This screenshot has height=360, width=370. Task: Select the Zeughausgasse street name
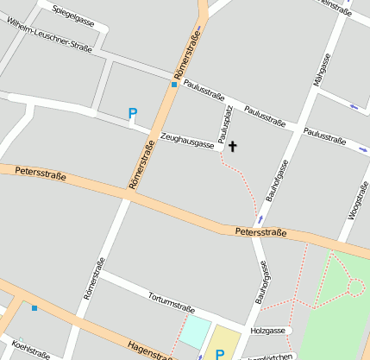[x=187, y=142]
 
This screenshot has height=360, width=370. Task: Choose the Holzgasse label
[x=267, y=330]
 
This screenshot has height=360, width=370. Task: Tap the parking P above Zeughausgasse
[x=132, y=113]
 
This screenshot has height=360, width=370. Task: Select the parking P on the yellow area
[x=220, y=353]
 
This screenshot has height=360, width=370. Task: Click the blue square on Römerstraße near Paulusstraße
[x=173, y=85]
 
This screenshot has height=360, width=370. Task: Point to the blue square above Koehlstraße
[x=34, y=308]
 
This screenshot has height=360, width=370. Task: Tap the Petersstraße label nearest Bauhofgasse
[x=260, y=231]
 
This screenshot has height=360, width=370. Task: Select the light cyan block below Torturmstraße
[x=196, y=332]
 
